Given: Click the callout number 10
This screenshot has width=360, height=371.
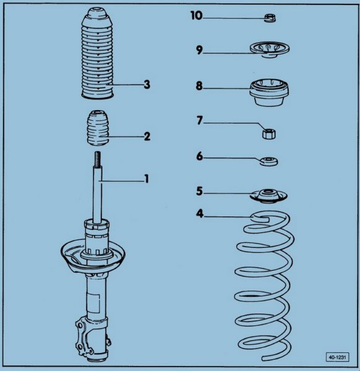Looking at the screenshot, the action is (197, 16).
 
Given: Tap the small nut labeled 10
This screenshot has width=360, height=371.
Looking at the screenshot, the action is (270, 18).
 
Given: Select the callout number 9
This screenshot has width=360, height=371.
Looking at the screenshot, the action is (199, 50).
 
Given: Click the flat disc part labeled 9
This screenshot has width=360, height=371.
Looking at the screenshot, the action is (270, 49).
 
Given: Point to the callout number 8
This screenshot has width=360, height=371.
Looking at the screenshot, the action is (199, 86).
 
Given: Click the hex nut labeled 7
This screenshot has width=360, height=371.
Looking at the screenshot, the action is (269, 133).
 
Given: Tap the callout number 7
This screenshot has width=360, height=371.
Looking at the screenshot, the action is (200, 120).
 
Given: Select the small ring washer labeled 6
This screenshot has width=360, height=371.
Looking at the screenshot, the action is (268, 161).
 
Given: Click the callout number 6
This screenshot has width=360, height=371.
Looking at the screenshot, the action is (200, 156).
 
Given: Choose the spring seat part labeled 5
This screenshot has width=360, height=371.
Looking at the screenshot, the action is (268, 196).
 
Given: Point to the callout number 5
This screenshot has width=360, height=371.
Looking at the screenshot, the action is (200, 191).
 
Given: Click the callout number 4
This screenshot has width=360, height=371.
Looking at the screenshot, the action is (200, 213).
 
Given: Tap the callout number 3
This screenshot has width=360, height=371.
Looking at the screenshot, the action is (147, 85).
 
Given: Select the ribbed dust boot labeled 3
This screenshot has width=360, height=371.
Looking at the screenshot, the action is (97, 53).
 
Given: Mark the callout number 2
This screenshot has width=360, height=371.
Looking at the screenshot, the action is (147, 136).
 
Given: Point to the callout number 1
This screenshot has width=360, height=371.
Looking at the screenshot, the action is (147, 179).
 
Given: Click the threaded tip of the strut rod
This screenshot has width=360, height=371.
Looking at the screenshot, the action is (98, 159).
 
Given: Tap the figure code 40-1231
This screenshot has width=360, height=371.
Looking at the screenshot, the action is (337, 357).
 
